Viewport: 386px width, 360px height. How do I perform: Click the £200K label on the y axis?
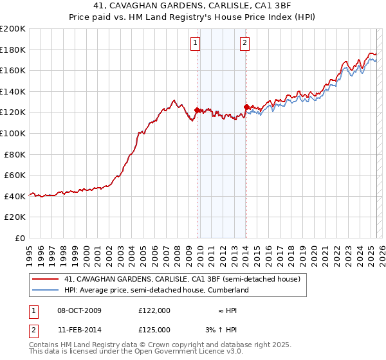[13, 29]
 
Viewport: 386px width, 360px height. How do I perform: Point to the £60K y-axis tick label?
[15, 175]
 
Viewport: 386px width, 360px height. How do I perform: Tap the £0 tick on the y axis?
[21, 238]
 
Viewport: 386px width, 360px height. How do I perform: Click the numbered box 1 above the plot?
[195, 44]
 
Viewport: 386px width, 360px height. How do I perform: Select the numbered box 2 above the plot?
[245, 44]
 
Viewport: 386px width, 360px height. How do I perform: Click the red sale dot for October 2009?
[197, 110]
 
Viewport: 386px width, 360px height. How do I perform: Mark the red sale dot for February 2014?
[246, 107]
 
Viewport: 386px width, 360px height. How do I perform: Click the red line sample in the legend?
[46, 279]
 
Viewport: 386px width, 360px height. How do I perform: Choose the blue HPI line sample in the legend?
[46, 290]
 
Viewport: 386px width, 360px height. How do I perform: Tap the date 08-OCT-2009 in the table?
[79, 310]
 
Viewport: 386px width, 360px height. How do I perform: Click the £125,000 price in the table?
[154, 329]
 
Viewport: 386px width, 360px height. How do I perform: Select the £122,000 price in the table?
[154, 310]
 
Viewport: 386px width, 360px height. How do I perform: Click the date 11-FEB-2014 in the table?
[79, 329]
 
